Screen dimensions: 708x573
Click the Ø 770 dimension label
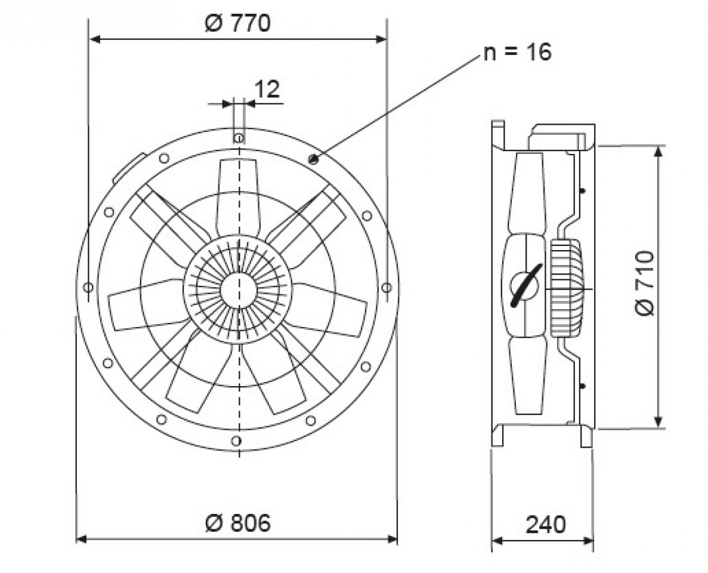point(237,23)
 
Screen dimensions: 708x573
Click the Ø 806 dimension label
point(237,523)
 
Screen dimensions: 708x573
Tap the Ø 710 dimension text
point(644,284)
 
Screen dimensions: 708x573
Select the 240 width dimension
point(545,524)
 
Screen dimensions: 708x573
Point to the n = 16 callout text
point(518,52)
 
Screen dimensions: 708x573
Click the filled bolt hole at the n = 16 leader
point(313,159)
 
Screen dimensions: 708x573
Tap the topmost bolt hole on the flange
point(239,138)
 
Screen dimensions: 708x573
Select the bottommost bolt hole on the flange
point(235,440)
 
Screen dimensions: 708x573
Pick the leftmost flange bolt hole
point(88,288)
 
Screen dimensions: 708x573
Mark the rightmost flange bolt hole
point(387,288)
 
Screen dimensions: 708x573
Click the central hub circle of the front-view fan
point(238,289)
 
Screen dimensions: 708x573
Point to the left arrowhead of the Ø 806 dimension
point(81,538)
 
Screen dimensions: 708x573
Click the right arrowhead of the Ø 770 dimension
point(382,39)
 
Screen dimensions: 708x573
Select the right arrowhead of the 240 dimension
point(588,540)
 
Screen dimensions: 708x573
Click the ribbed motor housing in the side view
point(566,288)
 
